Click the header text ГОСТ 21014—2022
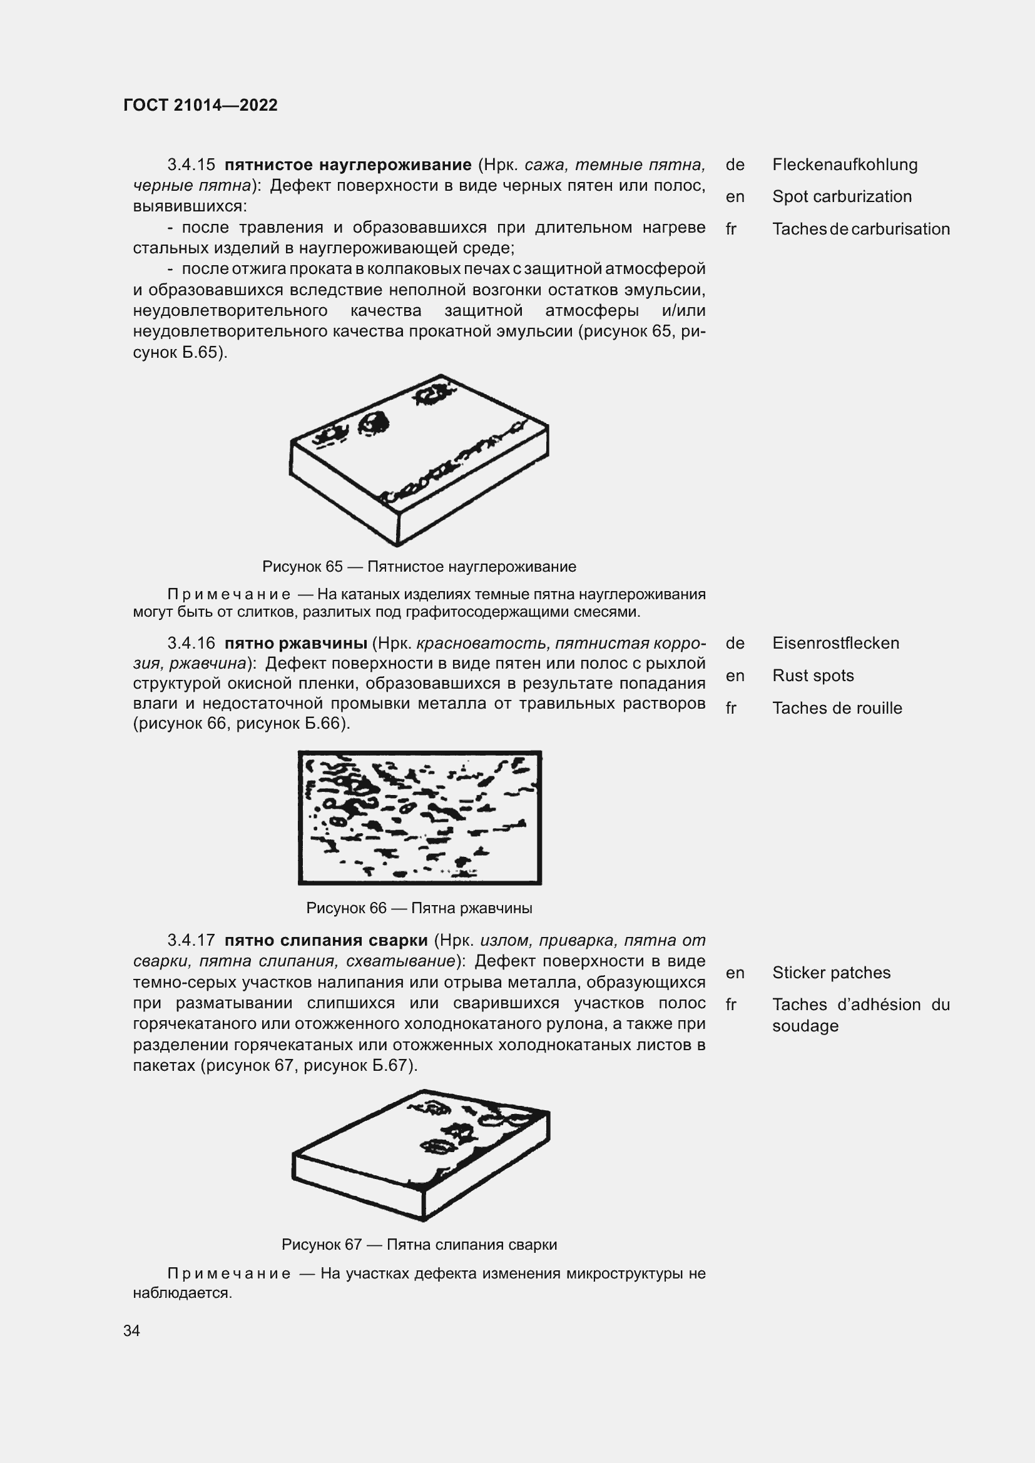point(200,105)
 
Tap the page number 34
point(132,1330)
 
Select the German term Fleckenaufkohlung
point(844,165)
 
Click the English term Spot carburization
point(841,197)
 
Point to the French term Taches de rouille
point(837,708)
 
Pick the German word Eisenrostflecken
point(835,643)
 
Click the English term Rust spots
point(813,676)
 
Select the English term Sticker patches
point(831,973)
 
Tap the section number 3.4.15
point(191,165)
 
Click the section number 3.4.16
point(191,643)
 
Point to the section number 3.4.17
point(191,941)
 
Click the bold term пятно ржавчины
point(295,643)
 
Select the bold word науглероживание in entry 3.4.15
point(395,165)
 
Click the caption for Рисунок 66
point(419,908)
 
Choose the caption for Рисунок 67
point(419,1245)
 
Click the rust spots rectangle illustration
point(419,818)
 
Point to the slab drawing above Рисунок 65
point(419,460)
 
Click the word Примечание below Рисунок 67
point(229,1273)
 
